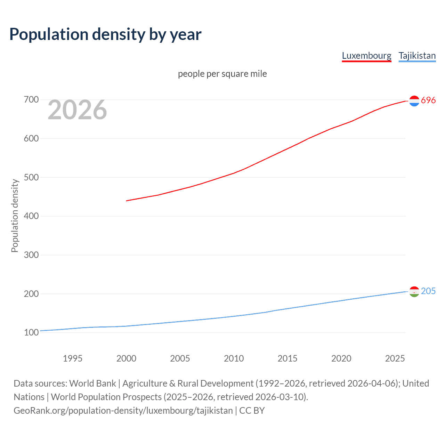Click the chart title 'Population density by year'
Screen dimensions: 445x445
(x=105, y=34)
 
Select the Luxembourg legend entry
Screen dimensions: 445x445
(x=366, y=56)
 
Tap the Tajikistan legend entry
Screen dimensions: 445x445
(x=417, y=56)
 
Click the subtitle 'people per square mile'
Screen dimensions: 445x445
(x=222, y=74)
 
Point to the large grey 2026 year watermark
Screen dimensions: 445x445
(x=77, y=110)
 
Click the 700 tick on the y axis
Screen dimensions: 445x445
(x=31, y=100)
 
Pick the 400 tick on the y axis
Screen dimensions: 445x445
(x=31, y=216)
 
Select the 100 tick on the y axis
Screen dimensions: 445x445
(x=31, y=332)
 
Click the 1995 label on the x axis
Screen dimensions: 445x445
(x=72, y=358)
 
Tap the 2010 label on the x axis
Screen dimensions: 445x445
(x=234, y=358)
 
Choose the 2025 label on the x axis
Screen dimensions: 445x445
(x=395, y=358)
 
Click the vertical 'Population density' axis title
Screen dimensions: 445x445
(x=15, y=216)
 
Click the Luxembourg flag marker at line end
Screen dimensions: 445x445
(x=414, y=101)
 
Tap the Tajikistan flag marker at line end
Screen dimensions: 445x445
(x=414, y=292)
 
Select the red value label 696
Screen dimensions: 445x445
(x=428, y=100)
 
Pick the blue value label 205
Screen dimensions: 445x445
(x=428, y=291)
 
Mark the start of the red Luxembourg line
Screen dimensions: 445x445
(x=127, y=201)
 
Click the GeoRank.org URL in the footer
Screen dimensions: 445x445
(x=123, y=411)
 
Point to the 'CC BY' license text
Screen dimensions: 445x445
(x=252, y=411)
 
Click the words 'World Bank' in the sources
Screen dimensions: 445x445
(x=92, y=383)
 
